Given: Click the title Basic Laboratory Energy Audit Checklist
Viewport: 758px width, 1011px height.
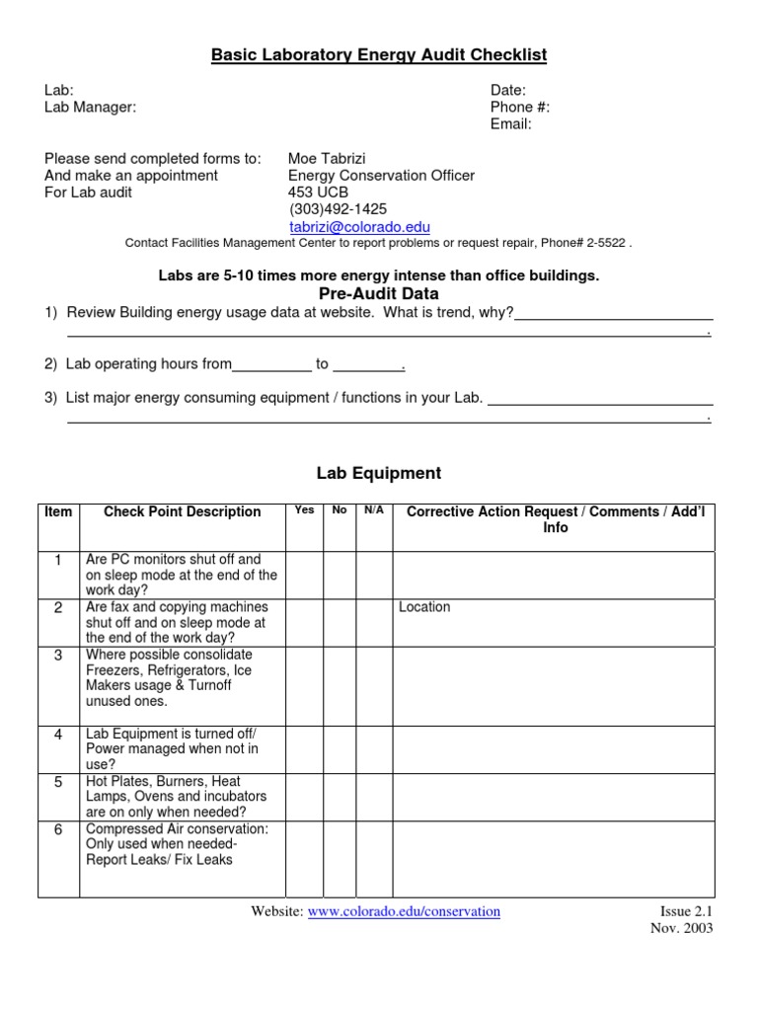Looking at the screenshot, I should [x=379, y=55].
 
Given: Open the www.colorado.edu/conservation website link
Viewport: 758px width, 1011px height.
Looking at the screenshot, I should [x=404, y=911].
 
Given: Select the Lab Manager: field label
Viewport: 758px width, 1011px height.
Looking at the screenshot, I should [x=91, y=108].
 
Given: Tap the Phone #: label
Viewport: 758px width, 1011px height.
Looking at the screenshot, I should [x=520, y=108].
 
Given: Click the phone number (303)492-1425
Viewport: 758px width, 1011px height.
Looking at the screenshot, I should [x=338, y=209].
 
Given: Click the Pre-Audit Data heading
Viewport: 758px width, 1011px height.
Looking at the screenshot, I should [x=379, y=294].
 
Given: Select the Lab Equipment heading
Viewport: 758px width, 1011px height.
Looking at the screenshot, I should [x=379, y=473].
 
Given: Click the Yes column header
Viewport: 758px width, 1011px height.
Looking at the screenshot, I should [x=305, y=509].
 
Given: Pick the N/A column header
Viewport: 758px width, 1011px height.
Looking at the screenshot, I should [x=374, y=509].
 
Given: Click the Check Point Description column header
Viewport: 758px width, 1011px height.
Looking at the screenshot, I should [x=183, y=511].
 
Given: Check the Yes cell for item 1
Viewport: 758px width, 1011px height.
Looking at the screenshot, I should [x=305, y=575].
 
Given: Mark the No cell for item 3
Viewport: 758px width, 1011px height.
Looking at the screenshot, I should [x=340, y=685].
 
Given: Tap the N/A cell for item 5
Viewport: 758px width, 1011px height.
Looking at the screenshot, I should [x=374, y=797].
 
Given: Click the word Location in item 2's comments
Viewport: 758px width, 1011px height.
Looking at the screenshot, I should [x=424, y=607].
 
